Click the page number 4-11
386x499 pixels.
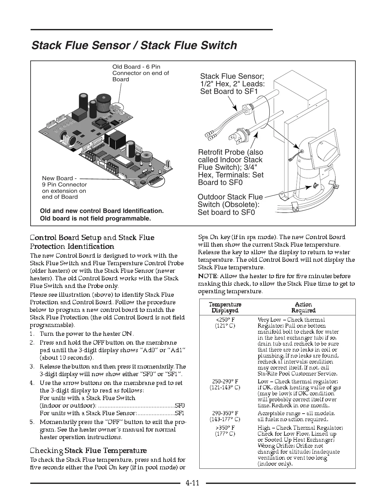(x=193, y=483)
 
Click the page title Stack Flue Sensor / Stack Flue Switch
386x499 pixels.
(x=134, y=45)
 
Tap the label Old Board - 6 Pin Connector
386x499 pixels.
(x=141, y=73)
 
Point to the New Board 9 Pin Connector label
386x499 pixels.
(x=64, y=188)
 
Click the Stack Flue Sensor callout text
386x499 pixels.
(x=232, y=84)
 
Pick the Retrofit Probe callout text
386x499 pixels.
(x=231, y=167)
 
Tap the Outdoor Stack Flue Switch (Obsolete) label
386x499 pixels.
(x=230, y=204)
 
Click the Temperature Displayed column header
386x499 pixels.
(x=225, y=307)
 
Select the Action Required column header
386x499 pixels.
(x=303, y=307)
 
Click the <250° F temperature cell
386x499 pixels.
(x=225, y=323)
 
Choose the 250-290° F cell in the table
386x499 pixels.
(x=225, y=384)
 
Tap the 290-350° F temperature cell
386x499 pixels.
(x=225, y=416)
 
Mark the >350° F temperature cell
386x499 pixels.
(x=225, y=431)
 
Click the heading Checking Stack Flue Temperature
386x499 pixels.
(x=88, y=450)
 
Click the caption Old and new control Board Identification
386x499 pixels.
(x=102, y=211)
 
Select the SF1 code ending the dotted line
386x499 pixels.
(x=179, y=413)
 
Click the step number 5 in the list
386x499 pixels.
(x=32, y=422)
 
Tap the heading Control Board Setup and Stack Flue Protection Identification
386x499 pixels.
(x=92, y=242)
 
